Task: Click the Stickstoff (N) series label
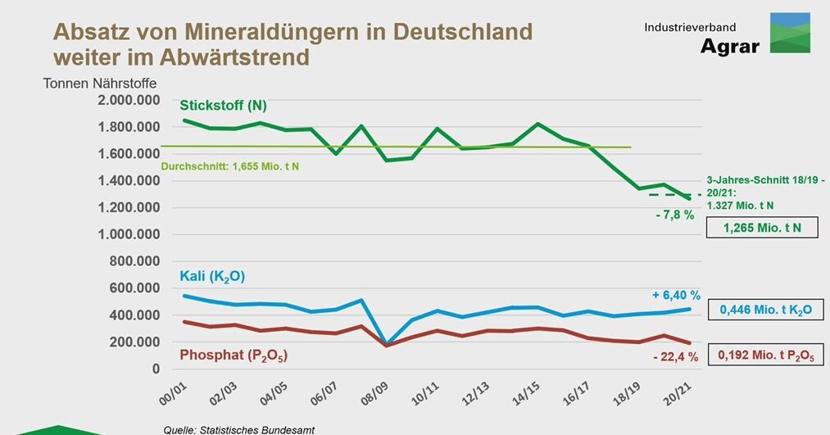coord(223,106)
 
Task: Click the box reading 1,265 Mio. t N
coord(762,226)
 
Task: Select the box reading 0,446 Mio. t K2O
coord(764,310)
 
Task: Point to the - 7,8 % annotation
coord(674,215)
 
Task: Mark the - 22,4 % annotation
coord(675,356)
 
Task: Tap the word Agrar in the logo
coord(729,46)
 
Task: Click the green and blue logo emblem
coord(790,33)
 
